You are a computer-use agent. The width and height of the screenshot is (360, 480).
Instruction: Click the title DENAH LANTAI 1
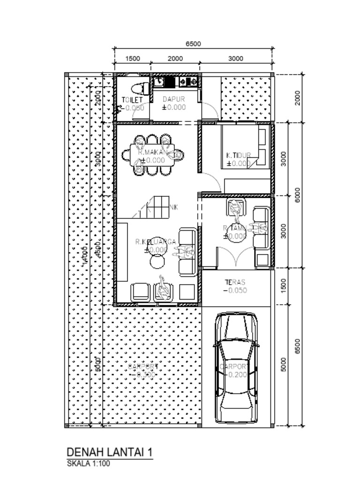click(110, 452)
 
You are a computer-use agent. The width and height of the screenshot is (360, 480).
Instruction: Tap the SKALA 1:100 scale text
click(89, 464)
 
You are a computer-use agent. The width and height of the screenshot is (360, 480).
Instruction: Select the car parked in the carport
click(236, 368)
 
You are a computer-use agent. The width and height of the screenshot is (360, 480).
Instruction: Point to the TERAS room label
click(235, 282)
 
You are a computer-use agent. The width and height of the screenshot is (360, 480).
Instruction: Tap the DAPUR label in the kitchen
click(174, 99)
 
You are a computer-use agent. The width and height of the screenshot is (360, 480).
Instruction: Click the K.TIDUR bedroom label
click(239, 156)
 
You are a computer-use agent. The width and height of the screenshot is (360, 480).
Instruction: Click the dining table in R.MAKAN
click(151, 155)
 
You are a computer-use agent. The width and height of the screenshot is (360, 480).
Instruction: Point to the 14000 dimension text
click(85, 255)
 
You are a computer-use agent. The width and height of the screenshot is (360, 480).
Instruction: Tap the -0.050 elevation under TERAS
click(235, 291)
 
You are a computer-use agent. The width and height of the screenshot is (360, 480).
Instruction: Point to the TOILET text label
click(132, 100)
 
